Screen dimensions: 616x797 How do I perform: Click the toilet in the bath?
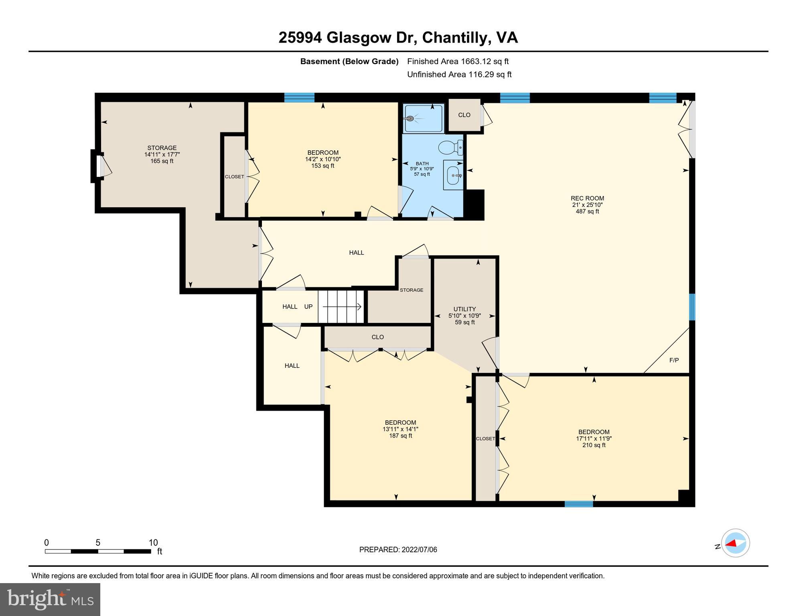[x=450, y=148]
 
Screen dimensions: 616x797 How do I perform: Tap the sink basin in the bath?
[x=454, y=175]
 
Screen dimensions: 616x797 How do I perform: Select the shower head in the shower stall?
[x=410, y=119]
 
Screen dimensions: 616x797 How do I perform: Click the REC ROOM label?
[x=587, y=198]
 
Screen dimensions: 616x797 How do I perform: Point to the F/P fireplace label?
[x=674, y=360]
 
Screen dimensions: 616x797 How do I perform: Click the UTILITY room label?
[x=464, y=309]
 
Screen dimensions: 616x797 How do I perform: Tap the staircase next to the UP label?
[x=341, y=307]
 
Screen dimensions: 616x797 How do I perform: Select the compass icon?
[x=735, y=543]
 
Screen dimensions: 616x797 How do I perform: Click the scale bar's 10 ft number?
[x=153, y=543]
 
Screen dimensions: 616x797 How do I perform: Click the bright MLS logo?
[x=50, y=599]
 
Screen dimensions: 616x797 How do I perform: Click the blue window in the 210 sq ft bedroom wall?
[x=578, y=504]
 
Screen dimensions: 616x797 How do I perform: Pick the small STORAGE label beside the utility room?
[x=412, y=290]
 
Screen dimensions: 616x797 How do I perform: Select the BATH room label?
[x=422, y=164]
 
